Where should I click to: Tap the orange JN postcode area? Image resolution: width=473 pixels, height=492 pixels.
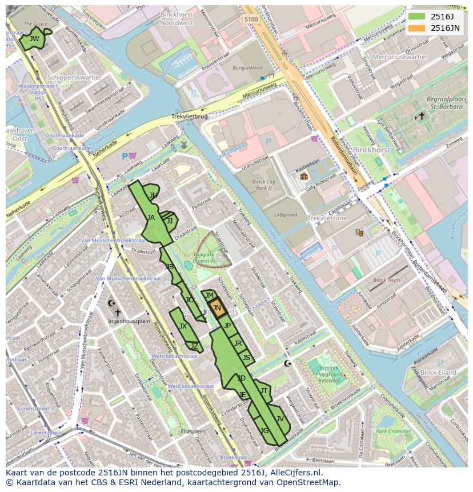coord(217,307)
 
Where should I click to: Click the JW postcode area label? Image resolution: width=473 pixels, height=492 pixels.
coord(34,39)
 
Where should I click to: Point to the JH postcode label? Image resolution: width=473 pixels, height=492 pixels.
coord(153,195)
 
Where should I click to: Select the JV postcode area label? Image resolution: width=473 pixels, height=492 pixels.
coord(279,418)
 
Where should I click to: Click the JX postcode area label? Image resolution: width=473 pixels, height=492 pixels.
coord(183,326)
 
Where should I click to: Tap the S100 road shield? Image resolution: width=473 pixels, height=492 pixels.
coord(251,19)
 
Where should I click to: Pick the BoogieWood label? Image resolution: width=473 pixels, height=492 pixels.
coord(247,67)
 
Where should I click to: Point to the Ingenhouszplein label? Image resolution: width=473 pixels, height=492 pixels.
coord(129,321)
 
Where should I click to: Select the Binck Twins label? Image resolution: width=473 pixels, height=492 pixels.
coord(387,280)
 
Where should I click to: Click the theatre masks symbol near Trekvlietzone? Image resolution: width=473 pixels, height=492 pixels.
coord(359,233)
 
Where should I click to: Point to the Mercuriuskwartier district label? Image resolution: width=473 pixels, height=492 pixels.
coord(400,57)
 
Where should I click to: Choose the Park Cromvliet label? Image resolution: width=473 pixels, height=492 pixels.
coord(394,431)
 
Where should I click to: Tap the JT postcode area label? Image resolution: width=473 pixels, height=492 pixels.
coord(263,391)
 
